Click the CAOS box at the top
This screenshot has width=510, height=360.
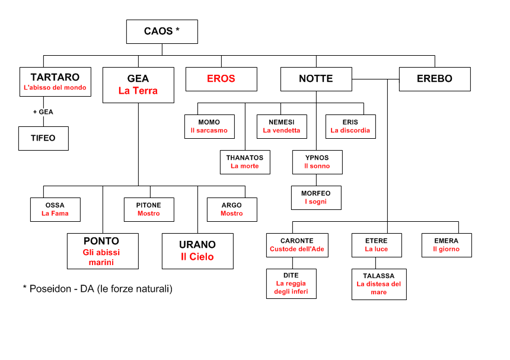pyautogui.click(x=162, y=31)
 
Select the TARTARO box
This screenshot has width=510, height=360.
pyautogui.click(x=55, y=82)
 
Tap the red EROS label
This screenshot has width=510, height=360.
pyautogui.click(x=221, y=78)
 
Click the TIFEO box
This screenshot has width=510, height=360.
pyautogui.click(x=43, y=138)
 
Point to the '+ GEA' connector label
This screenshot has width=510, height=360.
pyautogui.click(x=43, y=111)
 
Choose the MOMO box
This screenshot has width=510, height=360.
pyautogui.click(x=209, y=126)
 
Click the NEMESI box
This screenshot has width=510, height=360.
pyautogui.click(x=282, y=126)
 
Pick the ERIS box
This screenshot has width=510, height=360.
pyautogui.click(x=350, y=126)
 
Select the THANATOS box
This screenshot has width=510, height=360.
pyautogui.click(x=245, y=162)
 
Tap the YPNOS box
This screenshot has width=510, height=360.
pyautogui.click(x=317, y=162)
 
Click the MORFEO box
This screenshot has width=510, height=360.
pyautogui.click(x=316, y=197)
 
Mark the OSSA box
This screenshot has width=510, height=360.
pyautogui.click(x=55, y=209)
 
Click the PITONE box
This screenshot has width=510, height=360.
pyautogui.click(x=149, y=209)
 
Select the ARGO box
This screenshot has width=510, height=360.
pyautogui.click(x=232, y=209)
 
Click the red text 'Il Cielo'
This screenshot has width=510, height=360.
pyautogui.click(x=197, y=257)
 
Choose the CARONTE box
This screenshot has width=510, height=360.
pyautogui.click(x=297, y=245)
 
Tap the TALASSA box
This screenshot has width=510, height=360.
pyautogui.click(x=379, y=284)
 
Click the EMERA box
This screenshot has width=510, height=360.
pyautogui.click(x=447, y=245)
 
